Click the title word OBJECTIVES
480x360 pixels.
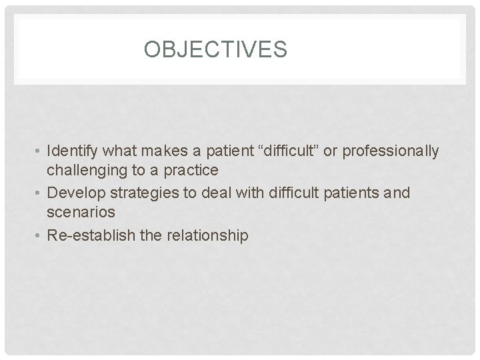[x=215, y=50]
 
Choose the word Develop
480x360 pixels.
[x=73, y=193]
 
